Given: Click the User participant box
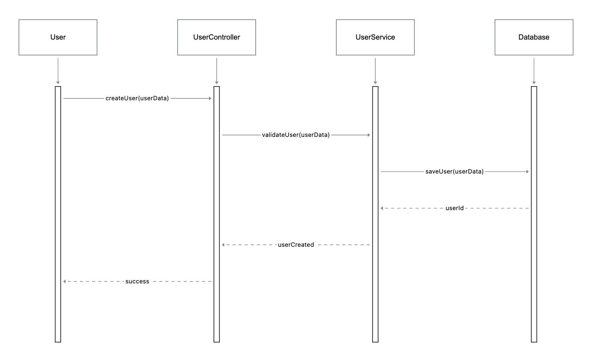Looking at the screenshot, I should (58, 37).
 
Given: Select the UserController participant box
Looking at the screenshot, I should (216, 37).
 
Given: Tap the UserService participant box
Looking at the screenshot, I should (375, 37).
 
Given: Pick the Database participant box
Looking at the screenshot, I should (534, 37).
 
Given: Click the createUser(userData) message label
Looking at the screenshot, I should (137, 98).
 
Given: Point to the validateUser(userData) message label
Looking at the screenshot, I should (296, 135).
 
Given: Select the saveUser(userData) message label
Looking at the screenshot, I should (454, 172).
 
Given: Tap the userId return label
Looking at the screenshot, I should (454, 208).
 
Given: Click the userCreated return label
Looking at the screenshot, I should (296, 245).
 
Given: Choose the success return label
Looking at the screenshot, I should (137, 282).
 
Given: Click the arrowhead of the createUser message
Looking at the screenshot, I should (210, 98).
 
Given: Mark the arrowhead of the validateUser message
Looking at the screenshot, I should (369, 135).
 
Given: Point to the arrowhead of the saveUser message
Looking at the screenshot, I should (527, 172).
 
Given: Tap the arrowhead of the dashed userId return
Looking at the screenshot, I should (382, 208).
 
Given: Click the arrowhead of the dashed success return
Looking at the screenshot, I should (65, 282).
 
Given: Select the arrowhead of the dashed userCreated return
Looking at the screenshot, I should (223, 245).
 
